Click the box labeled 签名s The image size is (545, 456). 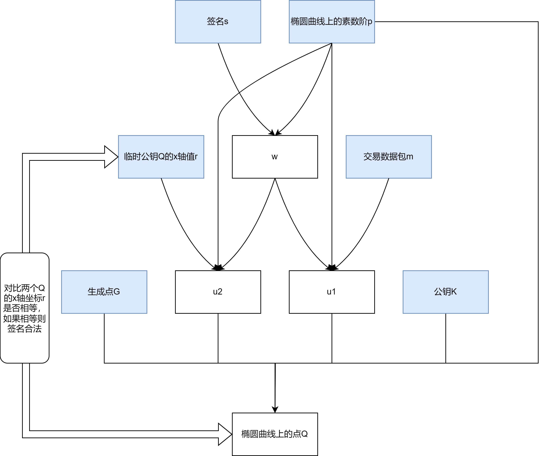tap(218, 22)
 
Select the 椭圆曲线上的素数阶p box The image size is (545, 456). tap(332, 22)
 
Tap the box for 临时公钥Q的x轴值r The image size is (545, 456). tap(161, 157)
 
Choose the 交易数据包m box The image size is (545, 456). tap(388, 157)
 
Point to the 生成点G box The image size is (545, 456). tap(104, 292)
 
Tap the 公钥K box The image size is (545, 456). tap(445, 292)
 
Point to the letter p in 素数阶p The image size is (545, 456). tap(370, 22)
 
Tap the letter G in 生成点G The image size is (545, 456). tap(117, 292)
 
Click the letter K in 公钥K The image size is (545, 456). tap(454, 292)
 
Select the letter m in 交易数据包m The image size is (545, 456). tap(409, 157)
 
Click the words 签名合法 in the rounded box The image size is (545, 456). tap(24, 328)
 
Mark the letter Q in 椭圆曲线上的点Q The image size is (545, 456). tap(304, 434)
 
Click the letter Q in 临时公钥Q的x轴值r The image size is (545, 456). tap(161, 157)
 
